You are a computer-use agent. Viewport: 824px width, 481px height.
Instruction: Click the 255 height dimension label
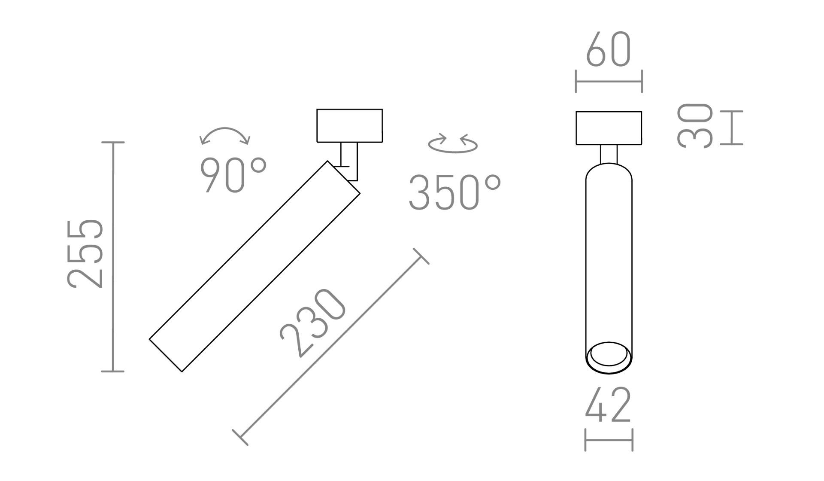click(85, 253)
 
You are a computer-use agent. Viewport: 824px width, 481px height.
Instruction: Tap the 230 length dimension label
click(313, 323)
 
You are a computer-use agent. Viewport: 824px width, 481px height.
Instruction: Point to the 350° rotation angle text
click(454, 192)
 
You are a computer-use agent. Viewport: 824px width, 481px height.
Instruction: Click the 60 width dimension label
click(609, 50)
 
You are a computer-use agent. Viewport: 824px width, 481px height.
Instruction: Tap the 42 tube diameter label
click(609, 405)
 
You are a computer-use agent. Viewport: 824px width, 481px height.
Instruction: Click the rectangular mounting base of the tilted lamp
click(349, 125)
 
